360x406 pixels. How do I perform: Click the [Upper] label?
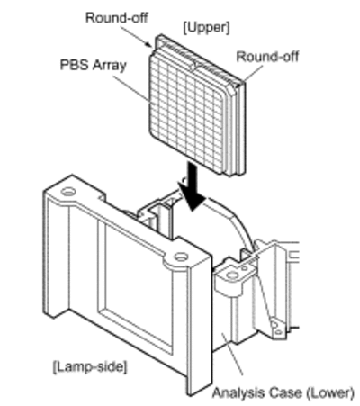tap(206, 28)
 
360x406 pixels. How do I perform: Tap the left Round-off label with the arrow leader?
tap(117, 18)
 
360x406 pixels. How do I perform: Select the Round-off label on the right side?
tap(267, 57)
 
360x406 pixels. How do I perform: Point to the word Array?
tap(110, 66)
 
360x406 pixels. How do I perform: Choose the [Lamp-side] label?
tap(90, 366)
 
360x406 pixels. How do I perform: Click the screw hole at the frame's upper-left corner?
tap(68, 191)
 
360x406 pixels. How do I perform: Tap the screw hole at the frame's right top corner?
tap(181, 257)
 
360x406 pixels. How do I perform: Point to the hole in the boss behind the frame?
tap(232, 275)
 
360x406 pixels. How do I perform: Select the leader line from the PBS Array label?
tap(131, 89)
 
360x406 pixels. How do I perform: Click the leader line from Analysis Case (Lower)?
tap(232, 354)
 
